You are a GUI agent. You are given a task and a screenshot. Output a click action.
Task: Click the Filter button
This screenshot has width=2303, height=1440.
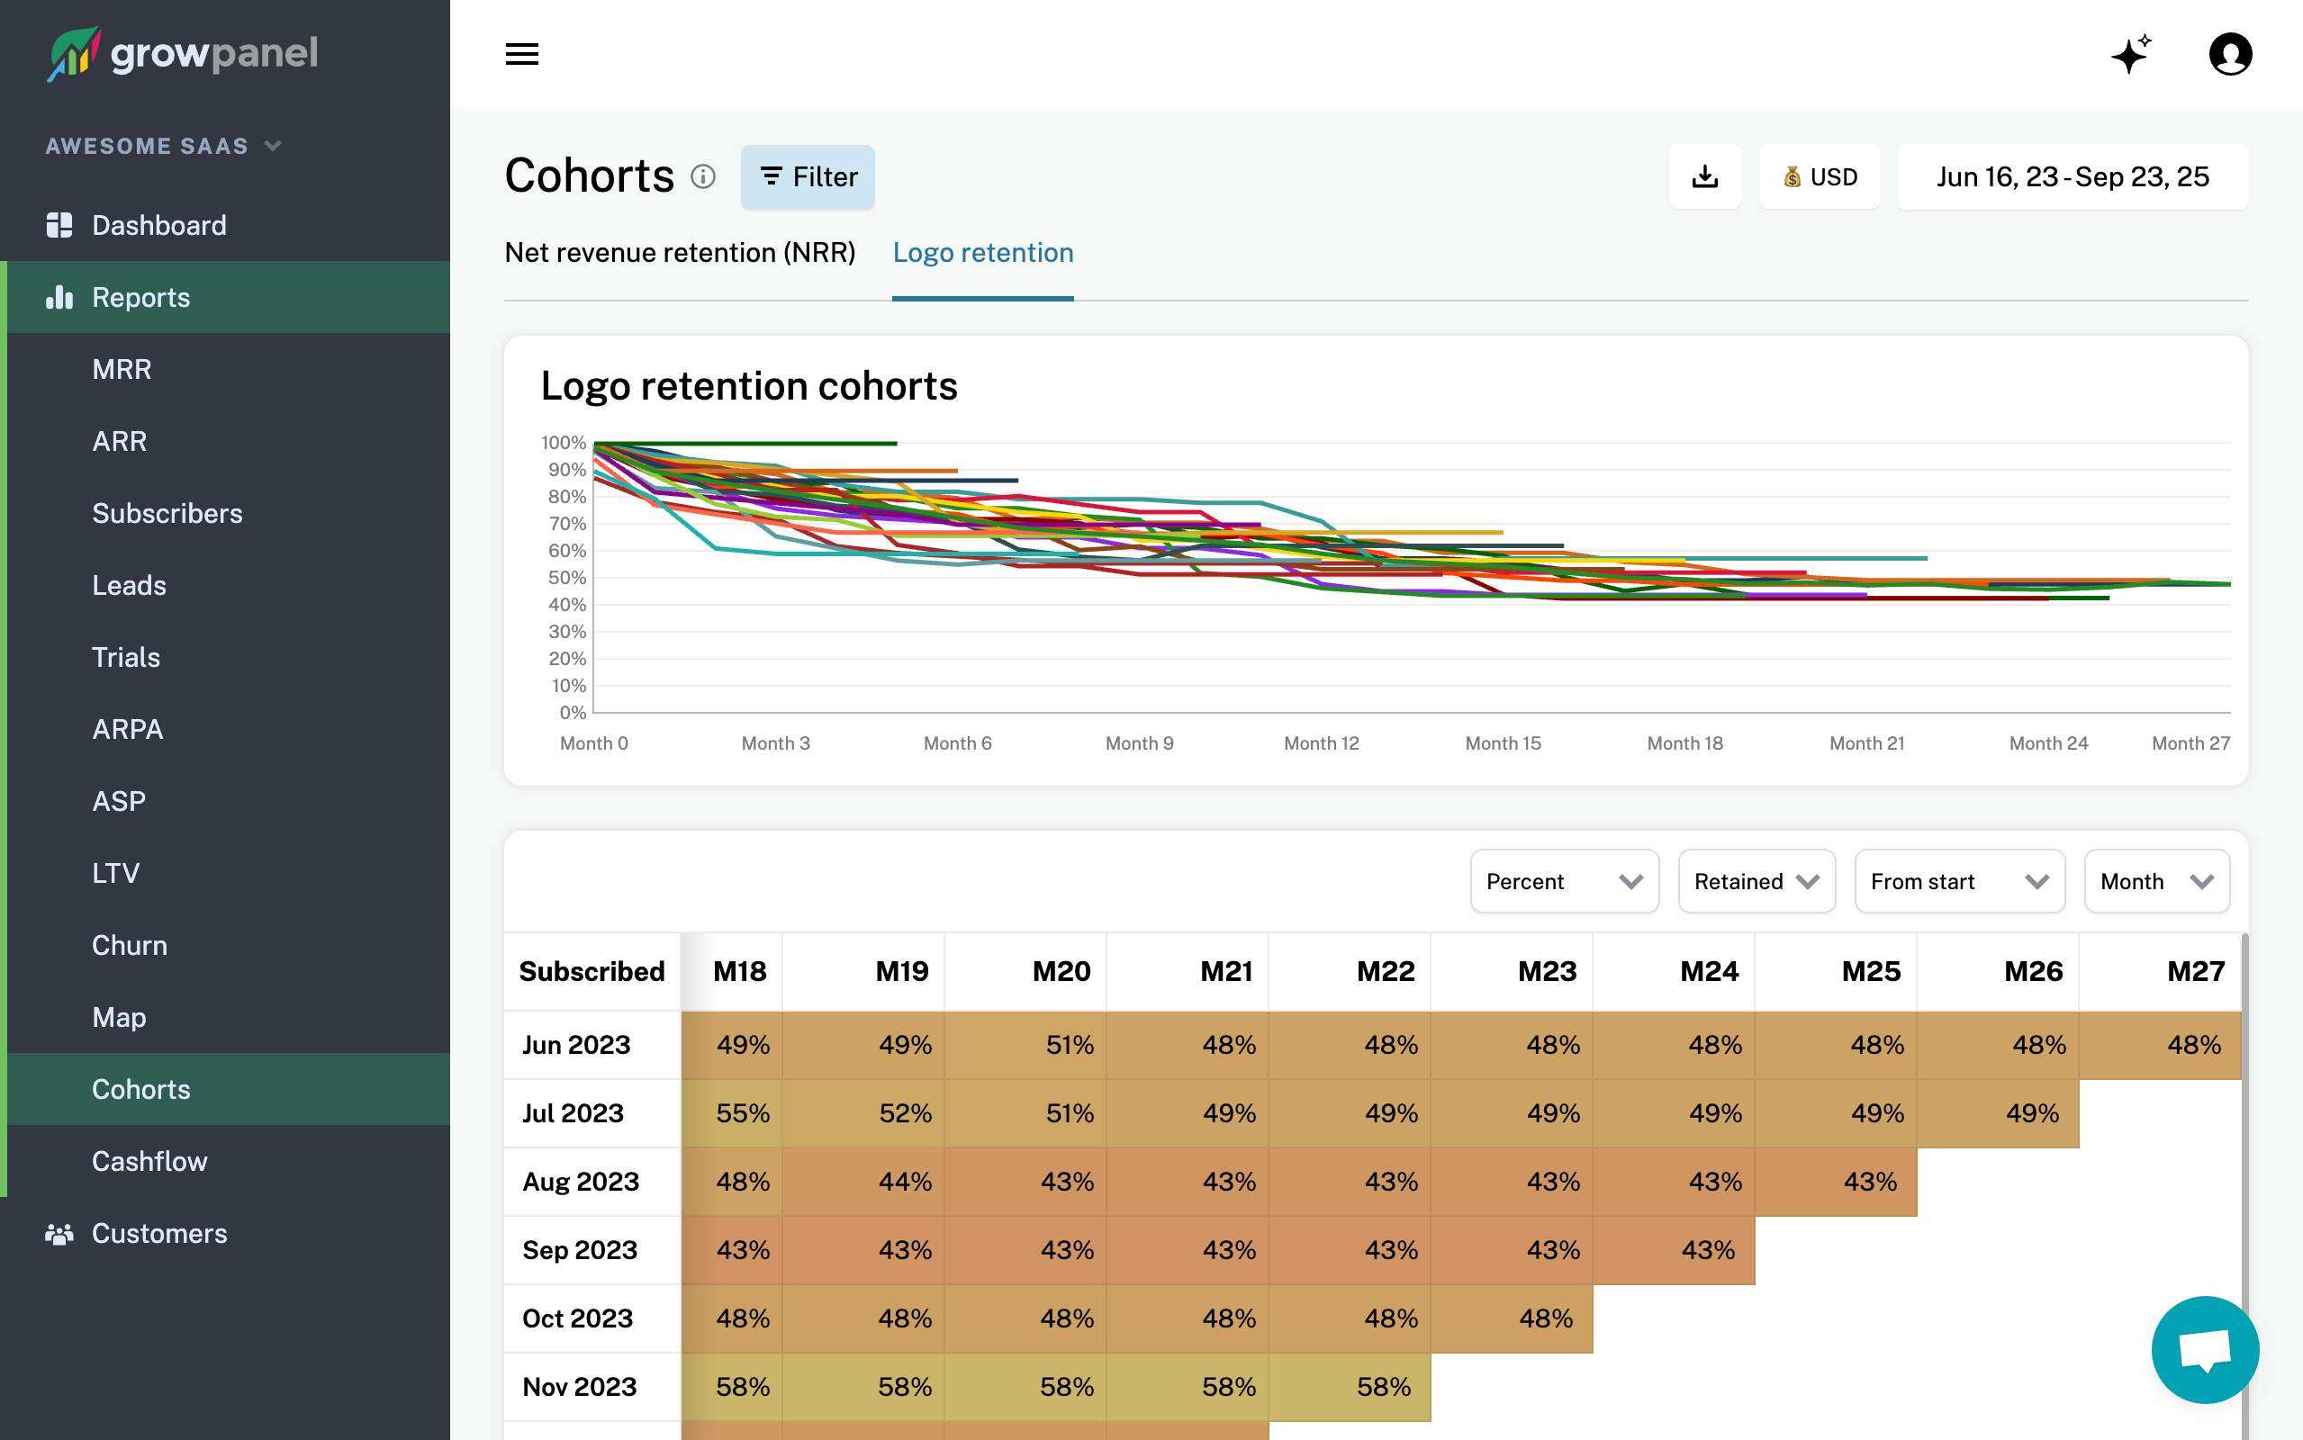click(x=807, y=177)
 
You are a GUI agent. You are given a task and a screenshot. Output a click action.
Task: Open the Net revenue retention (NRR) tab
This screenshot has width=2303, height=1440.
click(x=679, y=252)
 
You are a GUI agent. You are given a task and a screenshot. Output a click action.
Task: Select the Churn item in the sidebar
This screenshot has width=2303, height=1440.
click(x=130, y=945)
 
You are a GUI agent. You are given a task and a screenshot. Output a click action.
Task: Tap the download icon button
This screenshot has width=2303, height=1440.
click(x=1704, y=177)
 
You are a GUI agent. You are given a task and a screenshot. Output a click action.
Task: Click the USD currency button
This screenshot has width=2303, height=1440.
click(x=1819, y=177)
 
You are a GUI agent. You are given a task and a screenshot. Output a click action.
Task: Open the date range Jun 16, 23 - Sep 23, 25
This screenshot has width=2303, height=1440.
click(x=2072, y=177)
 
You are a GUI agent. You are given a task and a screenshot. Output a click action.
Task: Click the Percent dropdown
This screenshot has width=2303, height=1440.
click(x=1563, y=881)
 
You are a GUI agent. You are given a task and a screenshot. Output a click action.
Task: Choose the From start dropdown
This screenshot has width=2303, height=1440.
click(x=1958, y=881)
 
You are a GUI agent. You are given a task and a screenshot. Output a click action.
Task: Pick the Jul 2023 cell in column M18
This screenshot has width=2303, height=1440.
click(x=733, y=1112)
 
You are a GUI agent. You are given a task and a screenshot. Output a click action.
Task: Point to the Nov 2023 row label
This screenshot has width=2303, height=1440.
click(x=579, y=1387)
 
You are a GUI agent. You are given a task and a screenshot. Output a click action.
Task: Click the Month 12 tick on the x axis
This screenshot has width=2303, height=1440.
click(x=1321, y=742)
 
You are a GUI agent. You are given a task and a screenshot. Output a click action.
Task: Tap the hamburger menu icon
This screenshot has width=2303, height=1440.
click(x=522, y=54)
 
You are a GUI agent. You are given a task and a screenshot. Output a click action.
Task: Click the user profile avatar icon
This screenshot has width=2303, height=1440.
click(x=2230, y=54)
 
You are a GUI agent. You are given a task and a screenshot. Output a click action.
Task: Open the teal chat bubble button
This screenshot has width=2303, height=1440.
click(x=2204, y=1348)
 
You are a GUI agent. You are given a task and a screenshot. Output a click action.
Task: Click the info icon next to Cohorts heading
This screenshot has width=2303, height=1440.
click(x=703, y=177)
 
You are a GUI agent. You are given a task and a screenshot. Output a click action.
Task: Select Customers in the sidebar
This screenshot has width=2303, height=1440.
click(x=159, y=1233)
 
